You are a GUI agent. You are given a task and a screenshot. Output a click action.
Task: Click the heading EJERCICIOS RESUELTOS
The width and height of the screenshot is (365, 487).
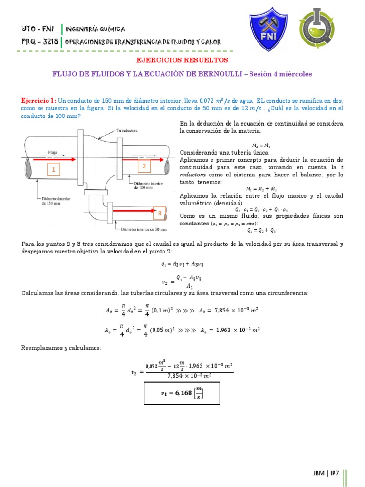tap(182, 60)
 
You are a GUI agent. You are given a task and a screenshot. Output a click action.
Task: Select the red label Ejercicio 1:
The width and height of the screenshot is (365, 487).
tap(39, 101)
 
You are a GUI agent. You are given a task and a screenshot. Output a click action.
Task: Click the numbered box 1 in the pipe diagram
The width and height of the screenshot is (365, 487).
tap(54, 170)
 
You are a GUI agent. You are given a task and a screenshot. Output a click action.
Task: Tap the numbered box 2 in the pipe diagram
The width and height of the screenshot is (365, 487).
tap(144, 166)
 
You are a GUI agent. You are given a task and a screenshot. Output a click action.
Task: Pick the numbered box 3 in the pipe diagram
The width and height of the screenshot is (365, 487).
tap(160, 214)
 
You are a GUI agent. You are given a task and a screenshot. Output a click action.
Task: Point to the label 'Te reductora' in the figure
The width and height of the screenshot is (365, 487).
tap(127, 130)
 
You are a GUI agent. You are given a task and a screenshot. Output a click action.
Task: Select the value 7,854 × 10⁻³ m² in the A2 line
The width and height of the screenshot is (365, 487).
tap(237, 310)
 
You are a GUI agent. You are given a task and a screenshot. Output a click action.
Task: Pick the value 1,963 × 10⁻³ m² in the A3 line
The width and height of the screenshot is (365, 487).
tap(237, 330)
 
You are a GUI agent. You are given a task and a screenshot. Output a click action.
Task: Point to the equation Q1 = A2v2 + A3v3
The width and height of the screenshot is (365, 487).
tap(182, 263)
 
